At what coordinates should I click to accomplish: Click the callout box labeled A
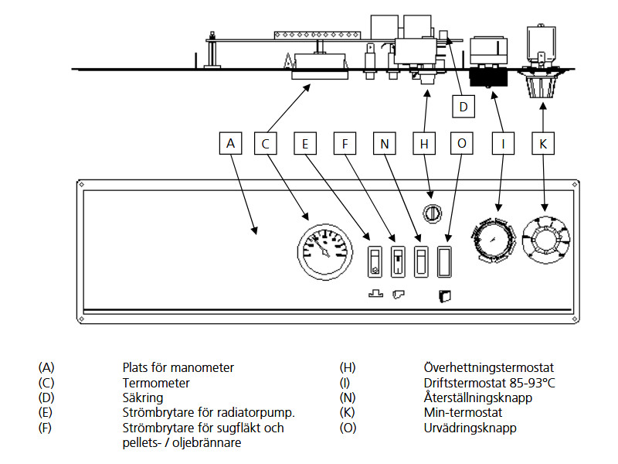coord(230,143)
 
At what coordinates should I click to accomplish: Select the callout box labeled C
coord(265,143)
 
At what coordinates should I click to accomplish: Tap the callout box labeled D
coord(463,106)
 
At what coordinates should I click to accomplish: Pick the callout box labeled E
coord(305,143)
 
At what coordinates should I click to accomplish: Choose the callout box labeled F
coord(345,143)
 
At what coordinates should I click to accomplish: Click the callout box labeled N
coord(384,143)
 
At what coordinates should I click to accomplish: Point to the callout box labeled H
coord(424,143)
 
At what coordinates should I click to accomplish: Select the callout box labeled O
coord(461,143)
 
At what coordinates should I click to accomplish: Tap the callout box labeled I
coord(504,143)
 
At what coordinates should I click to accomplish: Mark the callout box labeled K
coord(543,143)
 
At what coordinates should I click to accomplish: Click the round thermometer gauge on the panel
coord(325,252)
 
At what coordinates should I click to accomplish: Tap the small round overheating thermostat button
coord(432,213)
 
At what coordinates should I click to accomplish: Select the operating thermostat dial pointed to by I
coord(494,240)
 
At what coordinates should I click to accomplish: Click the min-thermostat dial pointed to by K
coord(546,240)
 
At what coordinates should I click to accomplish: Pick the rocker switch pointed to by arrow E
coord(375,261)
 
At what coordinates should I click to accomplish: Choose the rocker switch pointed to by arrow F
coord(398,261)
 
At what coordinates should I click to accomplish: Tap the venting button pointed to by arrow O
coord(445,261)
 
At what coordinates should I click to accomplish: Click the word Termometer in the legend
coord(156,383)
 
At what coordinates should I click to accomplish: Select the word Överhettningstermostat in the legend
coord(489,368)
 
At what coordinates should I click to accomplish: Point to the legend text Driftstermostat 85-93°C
coord(489,383)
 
